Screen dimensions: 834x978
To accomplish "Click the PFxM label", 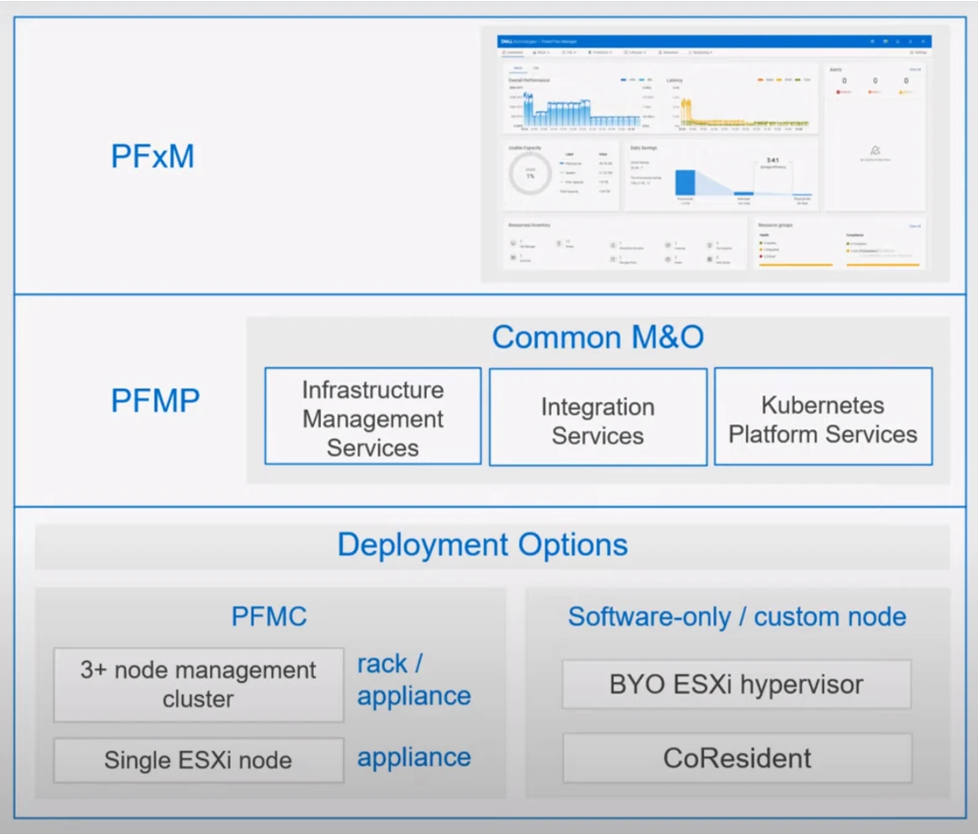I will (x=152, y=157).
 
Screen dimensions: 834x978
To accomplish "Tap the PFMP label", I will (x=155, y=401).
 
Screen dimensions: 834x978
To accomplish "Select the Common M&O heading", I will (x=597, y=337).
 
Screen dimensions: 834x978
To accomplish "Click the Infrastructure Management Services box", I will (x=373, y=417).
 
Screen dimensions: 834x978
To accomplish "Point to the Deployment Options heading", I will (x=482, y=544).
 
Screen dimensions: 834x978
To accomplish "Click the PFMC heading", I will (x=269, y=617).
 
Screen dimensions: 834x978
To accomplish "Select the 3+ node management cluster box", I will (x=198, y=685).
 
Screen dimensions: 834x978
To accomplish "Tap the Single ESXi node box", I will (x=198, y=761).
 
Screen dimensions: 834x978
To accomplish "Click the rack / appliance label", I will (x=413, y=679).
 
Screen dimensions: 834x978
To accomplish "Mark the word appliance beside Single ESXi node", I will (x=413, y=758).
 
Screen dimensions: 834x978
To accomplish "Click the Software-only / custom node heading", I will (x=737, y=617).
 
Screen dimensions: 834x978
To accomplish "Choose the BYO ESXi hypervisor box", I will (x=736, y=685).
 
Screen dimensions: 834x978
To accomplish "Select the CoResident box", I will (x=737, y=758).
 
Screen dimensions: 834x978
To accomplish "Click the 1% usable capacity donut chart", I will (x=530, y=175).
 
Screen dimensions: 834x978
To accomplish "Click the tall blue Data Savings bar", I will (x=686, y=183).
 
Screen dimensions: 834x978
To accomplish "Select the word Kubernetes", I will (x=823, y=405).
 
